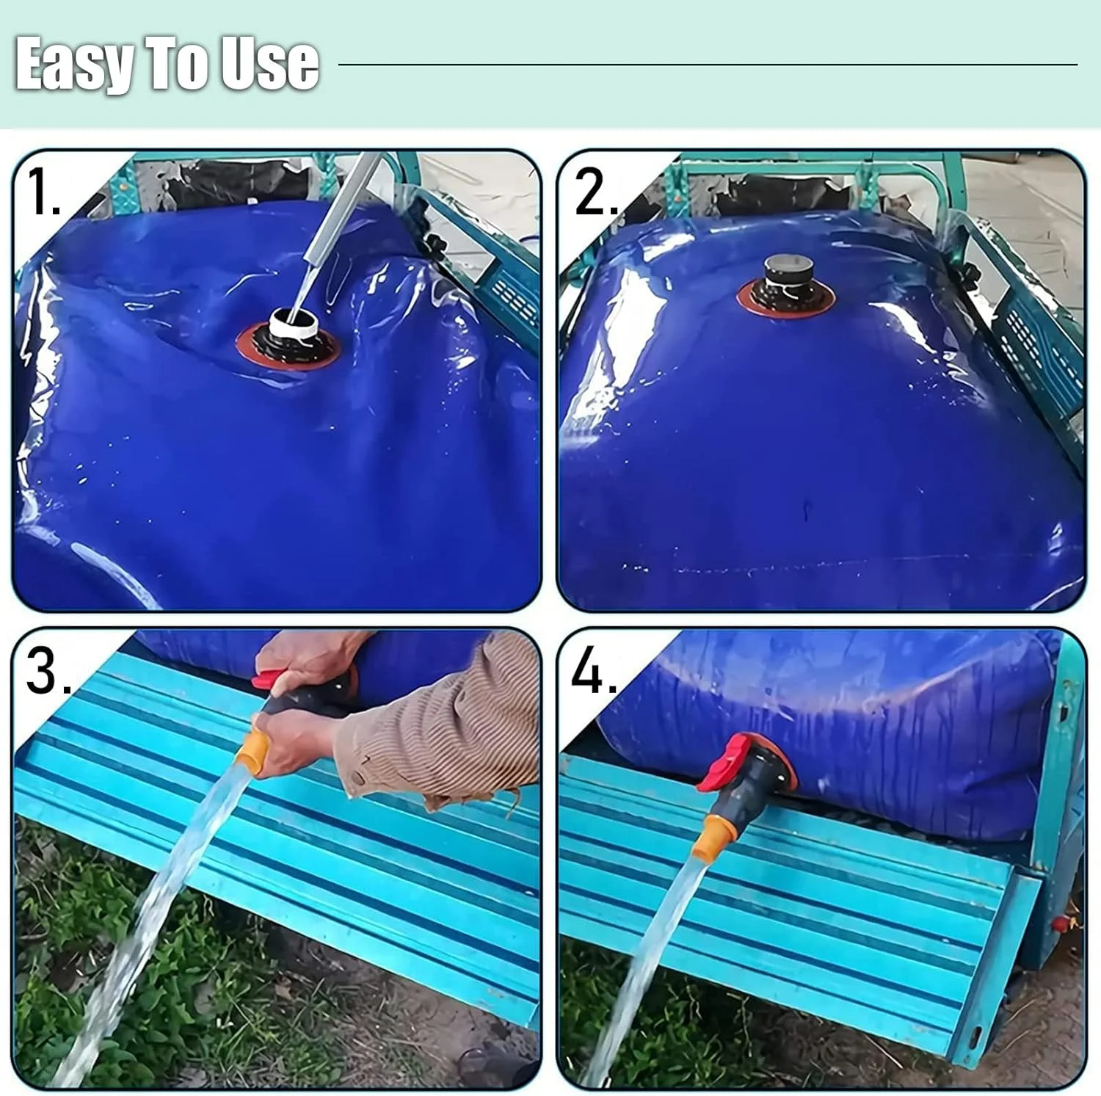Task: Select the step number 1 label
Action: pos(43,192)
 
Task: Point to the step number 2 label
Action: pos(595,192)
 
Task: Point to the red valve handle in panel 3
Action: pos(270,679)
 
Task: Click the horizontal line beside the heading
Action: pos(708,65)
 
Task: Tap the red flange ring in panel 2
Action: pos(785,301)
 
